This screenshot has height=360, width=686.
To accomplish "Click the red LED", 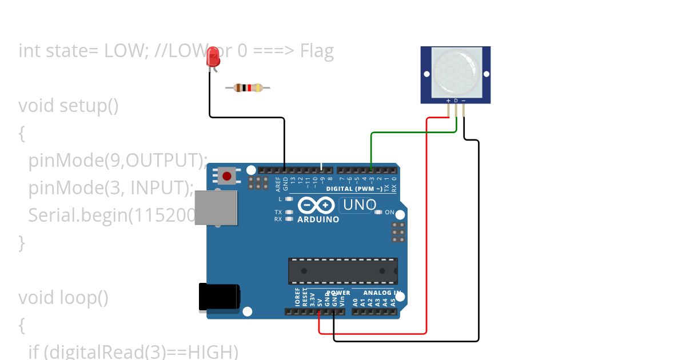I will click(214, 57).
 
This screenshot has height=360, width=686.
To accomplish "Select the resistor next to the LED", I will click(248, 87).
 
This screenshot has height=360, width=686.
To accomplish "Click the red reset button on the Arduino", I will click(227, 175).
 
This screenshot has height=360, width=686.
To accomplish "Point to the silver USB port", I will click(216, 207).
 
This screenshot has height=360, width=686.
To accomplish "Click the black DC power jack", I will click(219, 297).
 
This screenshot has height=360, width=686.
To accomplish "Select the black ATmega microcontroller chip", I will click(342, 271).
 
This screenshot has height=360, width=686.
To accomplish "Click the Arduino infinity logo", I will click(317, 205).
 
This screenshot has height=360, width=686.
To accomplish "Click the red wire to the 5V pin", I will click(426, 229).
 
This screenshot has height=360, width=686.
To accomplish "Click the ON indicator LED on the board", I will click(378, 213).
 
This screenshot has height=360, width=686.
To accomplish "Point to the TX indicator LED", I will click(289, 212).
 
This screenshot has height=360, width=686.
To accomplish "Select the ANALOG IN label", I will click(382, 293).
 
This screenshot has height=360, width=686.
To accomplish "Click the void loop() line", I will click(63, 298).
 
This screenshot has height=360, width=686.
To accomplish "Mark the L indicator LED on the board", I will click(289, 199).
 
